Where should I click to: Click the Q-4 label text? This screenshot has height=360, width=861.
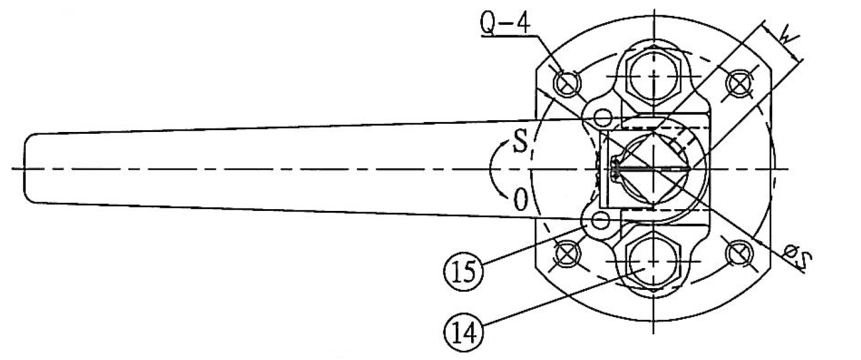(x=505, y=23)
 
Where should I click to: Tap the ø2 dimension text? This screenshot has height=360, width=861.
(x=797, y=255)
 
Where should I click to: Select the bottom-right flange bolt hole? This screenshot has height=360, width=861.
(x=740, y=254)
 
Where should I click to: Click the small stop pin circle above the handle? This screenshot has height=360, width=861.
(x=601, y=118)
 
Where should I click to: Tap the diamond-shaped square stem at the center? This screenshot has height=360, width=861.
(x=654, y=169)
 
